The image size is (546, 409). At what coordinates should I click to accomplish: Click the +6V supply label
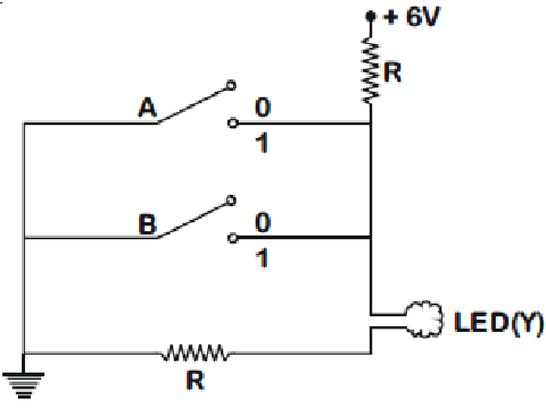point(411,16)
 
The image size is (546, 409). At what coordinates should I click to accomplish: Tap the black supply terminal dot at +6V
point(370,16)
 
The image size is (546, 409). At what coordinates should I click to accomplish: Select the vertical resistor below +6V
point(371,70)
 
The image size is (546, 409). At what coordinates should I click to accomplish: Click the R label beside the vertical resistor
point(392,72)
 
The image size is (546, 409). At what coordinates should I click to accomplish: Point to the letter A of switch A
point(147,107)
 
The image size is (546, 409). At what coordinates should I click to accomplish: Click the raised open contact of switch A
point(231,85)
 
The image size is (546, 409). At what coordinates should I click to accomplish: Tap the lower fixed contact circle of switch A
point(233,123)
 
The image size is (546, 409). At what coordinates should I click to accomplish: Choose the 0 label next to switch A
point(263,107)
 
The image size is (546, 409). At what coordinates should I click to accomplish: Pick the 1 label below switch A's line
point(262,143)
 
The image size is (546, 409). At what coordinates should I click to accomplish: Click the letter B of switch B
point(147,224)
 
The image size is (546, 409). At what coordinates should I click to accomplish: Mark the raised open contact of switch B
point(231,200)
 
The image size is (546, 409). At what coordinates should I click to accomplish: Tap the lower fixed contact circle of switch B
point(233,238)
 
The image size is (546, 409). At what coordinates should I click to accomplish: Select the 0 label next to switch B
point(263,222)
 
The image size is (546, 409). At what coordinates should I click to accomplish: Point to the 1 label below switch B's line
point(262,258)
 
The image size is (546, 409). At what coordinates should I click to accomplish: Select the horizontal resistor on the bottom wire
point(195,353)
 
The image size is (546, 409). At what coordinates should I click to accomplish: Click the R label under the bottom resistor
point(195,381)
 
